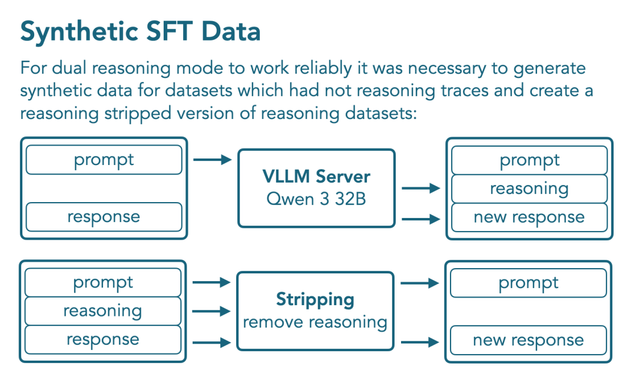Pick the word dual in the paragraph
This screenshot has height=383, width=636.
click(69, 68)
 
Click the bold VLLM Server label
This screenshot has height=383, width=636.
click(316, 177)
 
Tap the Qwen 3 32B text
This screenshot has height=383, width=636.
click(316, 199)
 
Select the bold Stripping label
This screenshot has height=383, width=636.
click(315, 300)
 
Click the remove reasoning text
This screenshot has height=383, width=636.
click(315, 322)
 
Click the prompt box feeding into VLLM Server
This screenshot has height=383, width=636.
click(104, 160)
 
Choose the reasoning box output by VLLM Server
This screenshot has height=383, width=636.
click(529, 189)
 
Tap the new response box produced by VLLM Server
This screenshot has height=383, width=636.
click(529, 217)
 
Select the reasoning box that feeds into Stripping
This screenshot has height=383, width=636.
click(103, 311)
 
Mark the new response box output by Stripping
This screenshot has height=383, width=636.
click(528, 340)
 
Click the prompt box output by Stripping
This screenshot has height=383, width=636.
click(528, 283)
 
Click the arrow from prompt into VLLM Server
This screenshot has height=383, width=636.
click(213, 160)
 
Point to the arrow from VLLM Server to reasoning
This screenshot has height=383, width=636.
click(421, 188)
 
